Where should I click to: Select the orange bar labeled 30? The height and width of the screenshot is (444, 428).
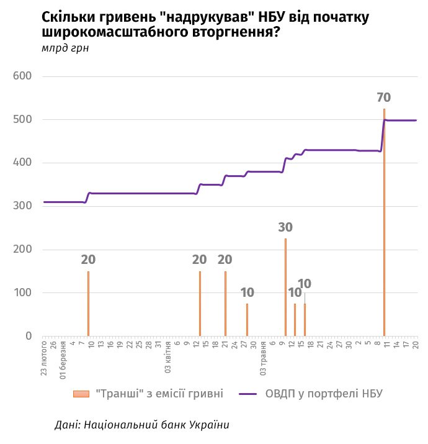(285, 287)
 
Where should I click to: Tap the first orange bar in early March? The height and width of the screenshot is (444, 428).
(88, 304)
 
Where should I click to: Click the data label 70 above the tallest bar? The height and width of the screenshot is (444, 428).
(384, 97)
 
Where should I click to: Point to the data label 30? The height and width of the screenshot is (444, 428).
(285, 227)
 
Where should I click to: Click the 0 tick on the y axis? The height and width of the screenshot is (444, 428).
(29, 336)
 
